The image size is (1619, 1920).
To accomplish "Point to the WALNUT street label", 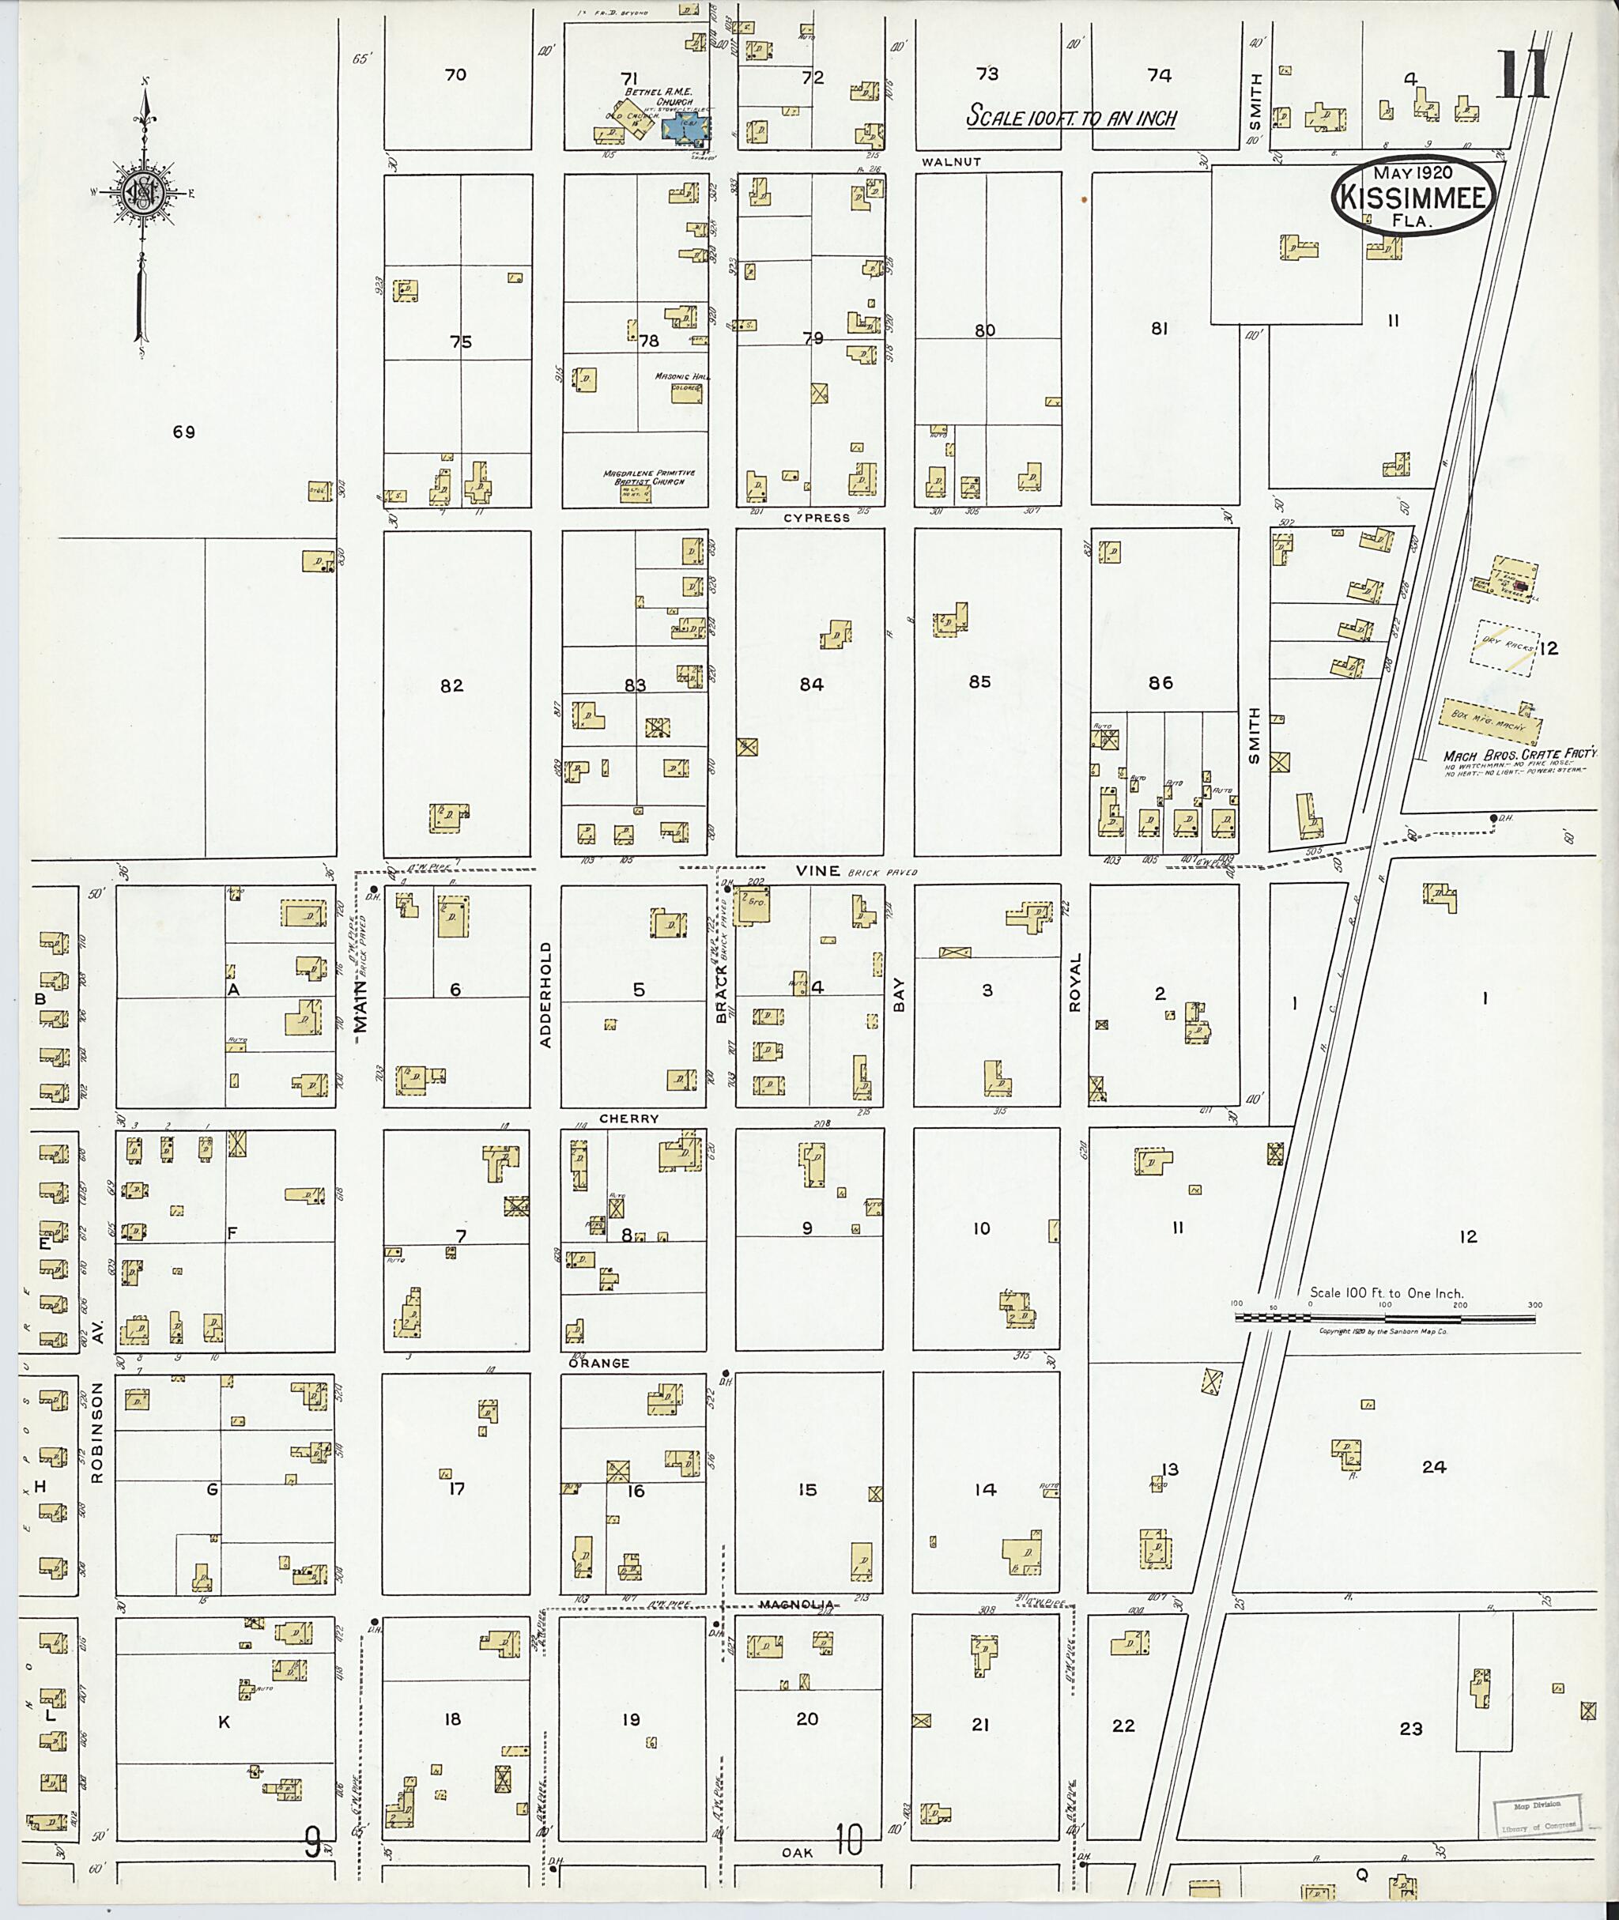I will [x=952, y=161].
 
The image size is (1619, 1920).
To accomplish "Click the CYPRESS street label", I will [x=816, y=518].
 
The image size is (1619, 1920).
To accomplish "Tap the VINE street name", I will [x=817, y=870].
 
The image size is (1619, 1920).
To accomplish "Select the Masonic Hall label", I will [x=678, y=377].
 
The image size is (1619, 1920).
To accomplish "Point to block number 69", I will [x=183, y=432].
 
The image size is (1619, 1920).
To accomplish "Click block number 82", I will [x=451, y=685].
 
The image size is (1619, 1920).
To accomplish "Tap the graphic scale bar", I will [x=1385, y=1318].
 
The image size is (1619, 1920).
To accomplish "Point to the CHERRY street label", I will [x=628, y=1118].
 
